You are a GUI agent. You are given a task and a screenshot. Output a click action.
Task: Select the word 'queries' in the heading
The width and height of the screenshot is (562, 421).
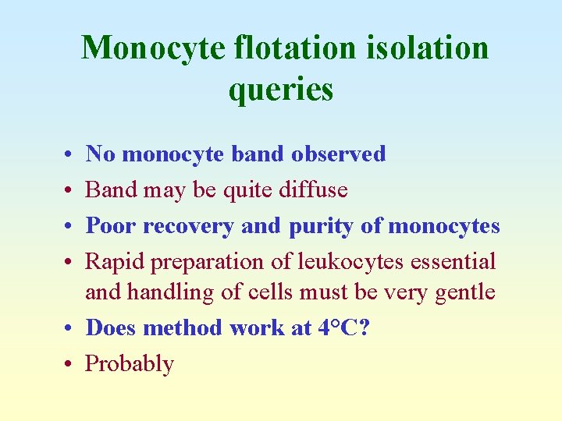tap(281, 89)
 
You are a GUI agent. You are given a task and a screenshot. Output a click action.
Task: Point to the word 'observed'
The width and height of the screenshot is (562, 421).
tap(338, 154)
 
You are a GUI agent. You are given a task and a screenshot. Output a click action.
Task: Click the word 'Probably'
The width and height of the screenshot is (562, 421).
tap(130, 363)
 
